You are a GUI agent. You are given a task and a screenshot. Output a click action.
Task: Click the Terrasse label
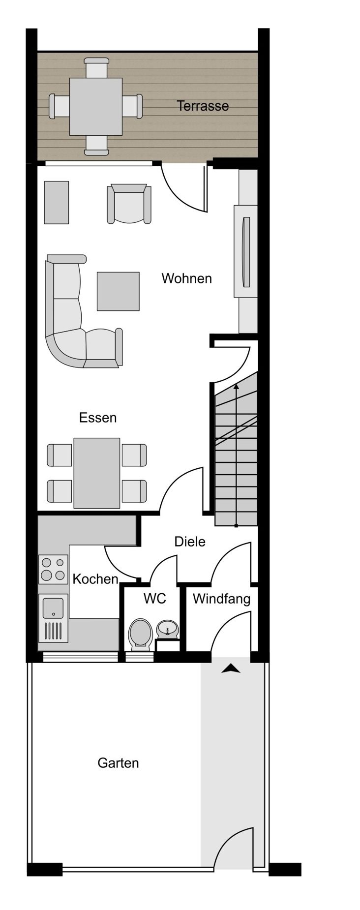[x=203, y=106]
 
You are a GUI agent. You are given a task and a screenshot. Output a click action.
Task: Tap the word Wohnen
[x=187, y=278]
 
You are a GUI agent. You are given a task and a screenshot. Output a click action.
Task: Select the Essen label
[x=98, y=418]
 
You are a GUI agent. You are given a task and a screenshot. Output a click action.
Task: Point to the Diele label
[x=190, y=542]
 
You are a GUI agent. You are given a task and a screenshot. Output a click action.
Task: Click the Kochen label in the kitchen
[x=95, y=579]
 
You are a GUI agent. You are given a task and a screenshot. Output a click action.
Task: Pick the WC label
[x=154, y=599]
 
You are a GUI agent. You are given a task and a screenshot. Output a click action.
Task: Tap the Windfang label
[x=221, y=599]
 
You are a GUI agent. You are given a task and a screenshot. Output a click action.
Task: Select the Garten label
[x=118, y=763]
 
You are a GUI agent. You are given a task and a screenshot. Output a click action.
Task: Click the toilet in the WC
[x=140, y=635]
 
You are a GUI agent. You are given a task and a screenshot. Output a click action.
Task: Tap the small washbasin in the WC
[x=168, y=628]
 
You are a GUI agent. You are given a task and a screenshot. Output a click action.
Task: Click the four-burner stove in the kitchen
[x=53, y=569]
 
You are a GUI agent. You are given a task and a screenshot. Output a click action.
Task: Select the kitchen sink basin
[x=53, y=608]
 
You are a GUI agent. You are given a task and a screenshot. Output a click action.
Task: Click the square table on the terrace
[x=95, y=106]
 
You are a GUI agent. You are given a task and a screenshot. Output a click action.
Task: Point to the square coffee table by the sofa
[x=118, y=291]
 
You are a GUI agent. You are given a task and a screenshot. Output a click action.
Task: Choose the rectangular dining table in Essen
[x=97, y=473]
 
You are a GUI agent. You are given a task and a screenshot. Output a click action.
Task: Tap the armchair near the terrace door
[x=129, y=204]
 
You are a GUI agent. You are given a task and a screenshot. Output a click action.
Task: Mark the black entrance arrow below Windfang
[x=231, y=668]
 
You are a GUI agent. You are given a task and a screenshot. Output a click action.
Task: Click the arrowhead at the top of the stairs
[x=236, y=387]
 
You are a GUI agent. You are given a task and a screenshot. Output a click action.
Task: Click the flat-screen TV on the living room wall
[x=246, y=252]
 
